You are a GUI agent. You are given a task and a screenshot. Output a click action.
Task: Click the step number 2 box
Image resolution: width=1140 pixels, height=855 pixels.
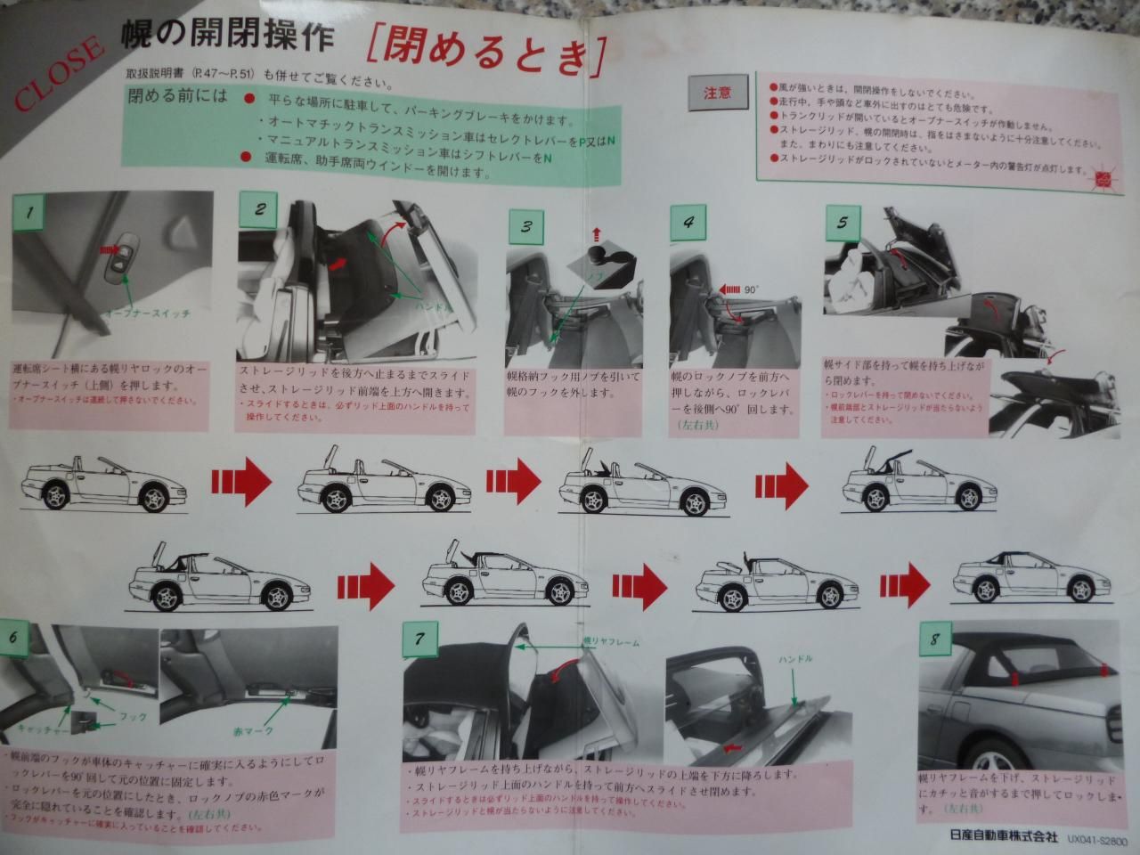click(260, 210)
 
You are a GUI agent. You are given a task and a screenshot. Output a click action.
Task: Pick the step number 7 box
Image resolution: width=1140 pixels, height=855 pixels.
click(419, 638)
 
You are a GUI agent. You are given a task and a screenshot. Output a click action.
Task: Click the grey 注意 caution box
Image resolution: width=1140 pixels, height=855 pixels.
click(717, 91)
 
